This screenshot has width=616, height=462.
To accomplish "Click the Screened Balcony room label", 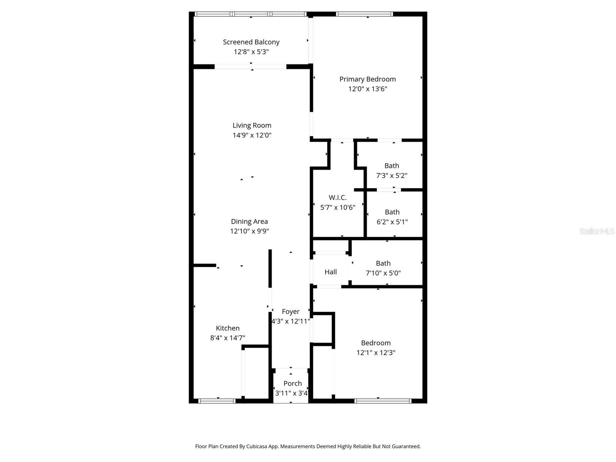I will pos(251,42).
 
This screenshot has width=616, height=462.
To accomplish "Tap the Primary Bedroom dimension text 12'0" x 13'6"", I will pos(367,89).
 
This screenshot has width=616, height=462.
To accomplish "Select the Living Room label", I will pos(252,125).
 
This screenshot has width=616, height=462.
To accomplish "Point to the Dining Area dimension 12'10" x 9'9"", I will pos(249,231).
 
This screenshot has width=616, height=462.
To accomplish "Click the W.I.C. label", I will pos(338,198).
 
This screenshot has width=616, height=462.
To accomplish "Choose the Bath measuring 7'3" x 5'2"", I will pos(392,171).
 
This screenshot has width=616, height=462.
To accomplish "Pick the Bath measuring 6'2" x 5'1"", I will pos(392,217).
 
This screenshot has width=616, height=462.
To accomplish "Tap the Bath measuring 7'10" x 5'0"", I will pos(383,268).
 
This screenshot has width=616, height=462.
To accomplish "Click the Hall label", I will pos(330,272).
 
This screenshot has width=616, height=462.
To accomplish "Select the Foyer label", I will pos(290,311).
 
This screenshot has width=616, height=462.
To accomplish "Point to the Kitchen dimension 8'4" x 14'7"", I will pos(228,338).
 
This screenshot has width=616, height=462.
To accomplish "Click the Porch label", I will pos(292,383).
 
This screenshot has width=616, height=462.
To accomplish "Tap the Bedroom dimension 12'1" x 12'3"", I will pos(376,353).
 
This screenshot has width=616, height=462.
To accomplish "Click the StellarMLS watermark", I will pos(596,231).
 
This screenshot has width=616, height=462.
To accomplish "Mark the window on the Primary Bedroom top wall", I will pos(364,14).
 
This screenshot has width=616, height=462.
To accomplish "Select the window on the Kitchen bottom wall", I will pos(217,401).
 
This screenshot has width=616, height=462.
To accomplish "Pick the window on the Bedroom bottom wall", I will pos(383,401).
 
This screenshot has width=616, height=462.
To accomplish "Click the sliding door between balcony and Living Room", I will pos(250,67).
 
